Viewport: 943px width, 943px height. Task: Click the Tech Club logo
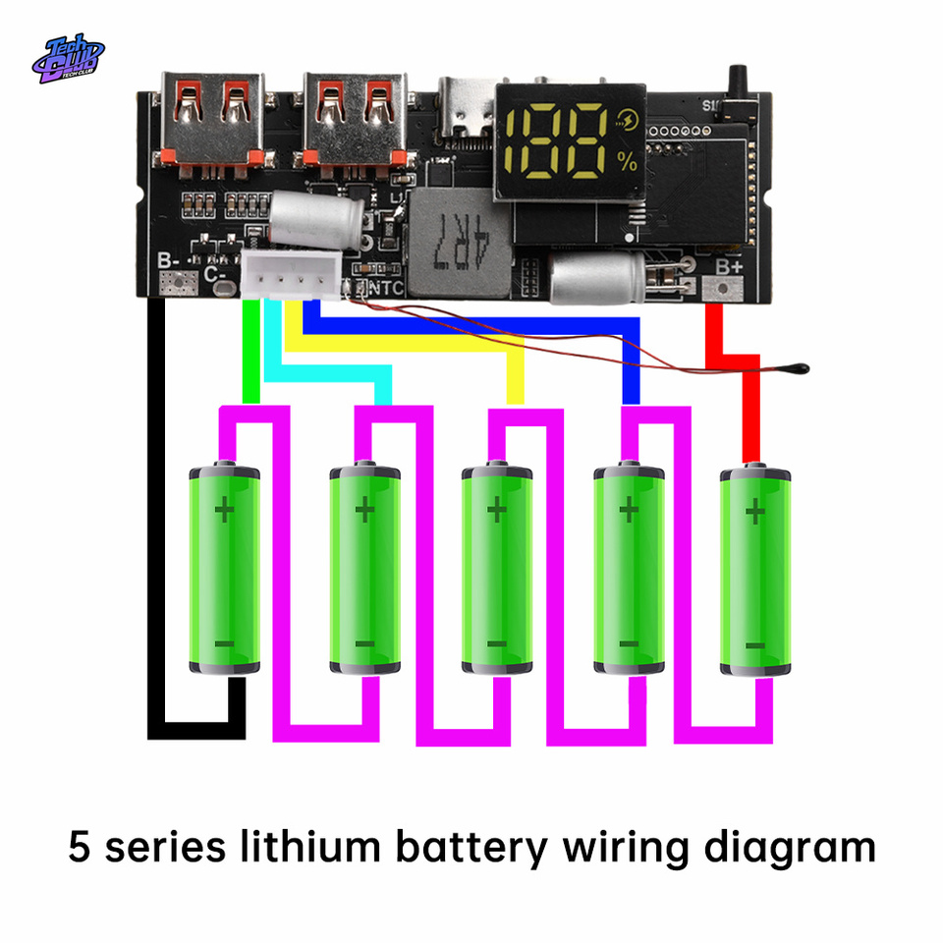(68, 59)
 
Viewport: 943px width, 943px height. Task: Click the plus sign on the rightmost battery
(754, 512)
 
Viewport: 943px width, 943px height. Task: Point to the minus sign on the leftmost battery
(225, 643)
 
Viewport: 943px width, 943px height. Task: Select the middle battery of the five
(497, 570)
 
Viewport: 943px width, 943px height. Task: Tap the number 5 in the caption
(80, 847)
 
